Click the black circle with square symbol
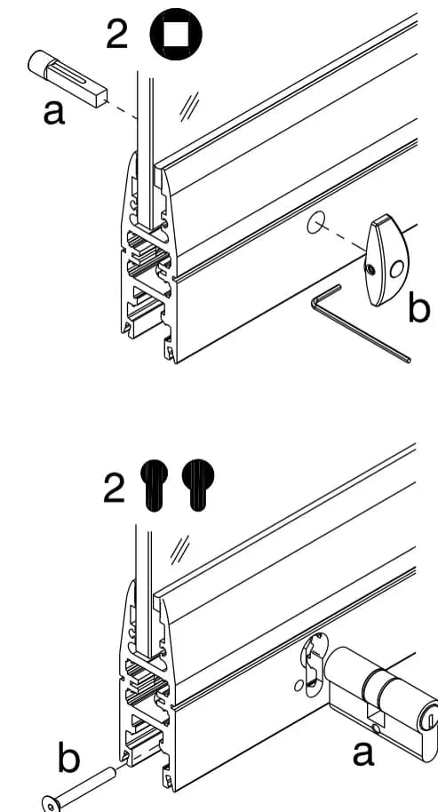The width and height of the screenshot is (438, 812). [176, 34]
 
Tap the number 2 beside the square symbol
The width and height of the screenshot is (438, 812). [117, 34]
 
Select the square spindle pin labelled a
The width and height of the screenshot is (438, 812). [68, 78]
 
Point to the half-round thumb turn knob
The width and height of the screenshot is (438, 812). [387, 260]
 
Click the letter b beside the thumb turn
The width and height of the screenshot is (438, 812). [418, 308]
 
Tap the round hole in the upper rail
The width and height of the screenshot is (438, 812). [315, 223]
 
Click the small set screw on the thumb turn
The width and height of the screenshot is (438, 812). [369, 269]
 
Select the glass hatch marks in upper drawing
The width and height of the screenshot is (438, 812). [189, 107]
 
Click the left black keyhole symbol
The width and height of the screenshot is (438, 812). [154, 485]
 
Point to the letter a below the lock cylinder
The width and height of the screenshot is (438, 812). [363, 753]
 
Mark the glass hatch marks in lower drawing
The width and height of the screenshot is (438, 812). [180, 550]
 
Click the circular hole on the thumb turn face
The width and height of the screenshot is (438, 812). [397, 269]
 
